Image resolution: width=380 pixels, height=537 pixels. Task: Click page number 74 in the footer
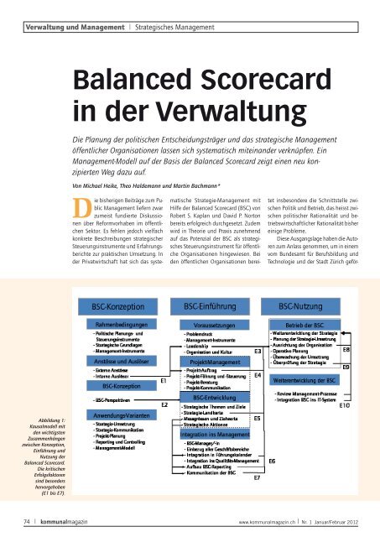click(30, 520)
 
